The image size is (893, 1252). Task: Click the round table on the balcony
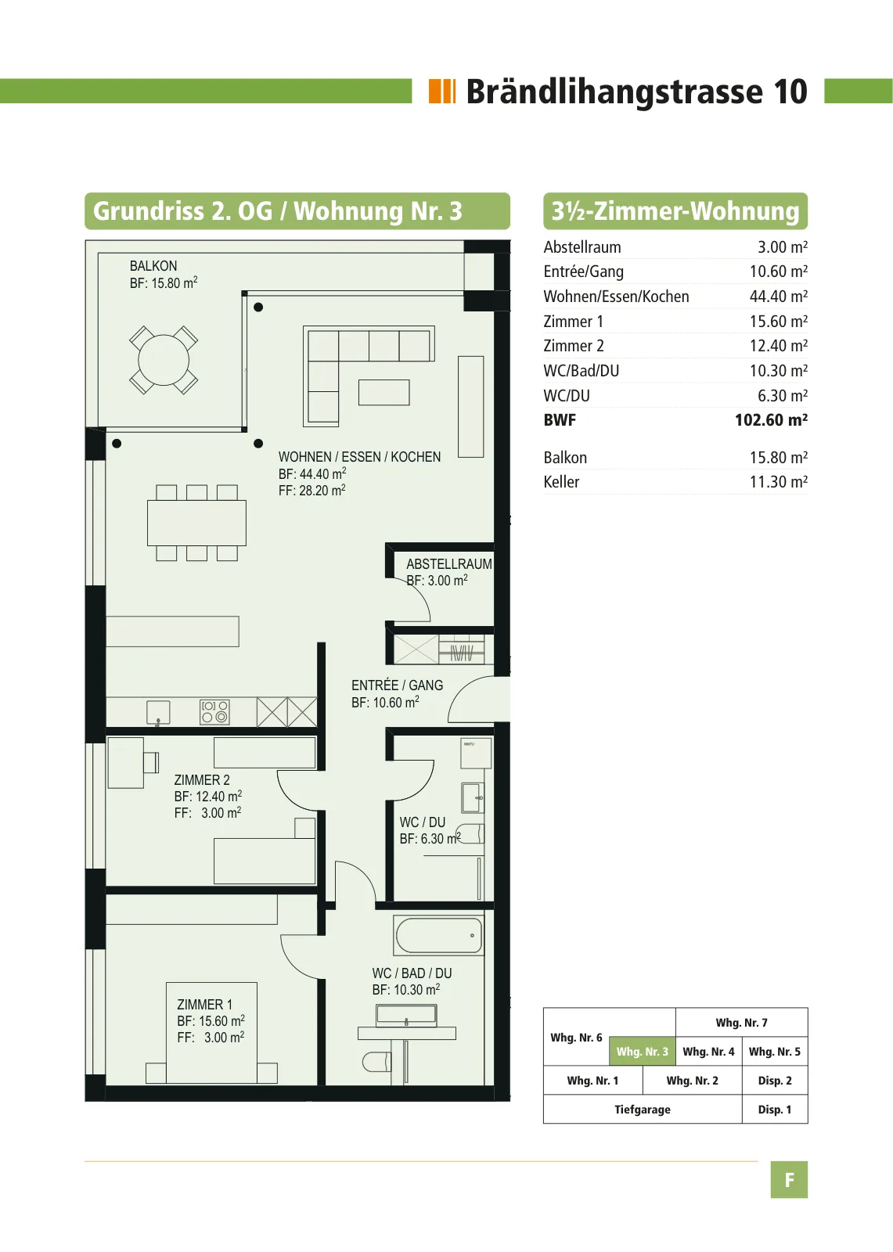point(164,360)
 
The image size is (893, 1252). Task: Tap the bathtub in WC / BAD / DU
point(439,935)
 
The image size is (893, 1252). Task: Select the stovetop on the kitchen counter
point(214,711)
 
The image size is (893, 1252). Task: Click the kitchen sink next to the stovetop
point(158,712)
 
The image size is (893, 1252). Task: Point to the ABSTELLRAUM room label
point(449,564)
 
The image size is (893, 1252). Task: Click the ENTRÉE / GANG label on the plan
point(397,685)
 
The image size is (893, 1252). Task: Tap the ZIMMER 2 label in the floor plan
point(202,779)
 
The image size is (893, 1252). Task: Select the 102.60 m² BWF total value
point(771,419)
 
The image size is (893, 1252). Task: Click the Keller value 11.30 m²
point(779,482)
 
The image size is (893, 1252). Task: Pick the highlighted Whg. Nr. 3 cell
point(642,1052)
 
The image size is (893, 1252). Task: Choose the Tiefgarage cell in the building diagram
point(643,1110)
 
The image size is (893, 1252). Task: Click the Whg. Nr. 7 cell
point(741,1023)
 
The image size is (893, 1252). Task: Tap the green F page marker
point(789,1180)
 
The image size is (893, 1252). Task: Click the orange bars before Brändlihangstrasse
point(442,91)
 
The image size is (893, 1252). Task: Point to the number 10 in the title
point(790,91)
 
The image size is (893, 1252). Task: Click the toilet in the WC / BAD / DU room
point(376,1062)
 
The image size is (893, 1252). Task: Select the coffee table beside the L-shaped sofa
point(383,392)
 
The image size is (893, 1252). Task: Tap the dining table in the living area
point(196,523)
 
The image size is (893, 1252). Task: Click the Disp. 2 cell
point(775,1081)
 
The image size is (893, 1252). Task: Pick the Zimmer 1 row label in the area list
point(573,322)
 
